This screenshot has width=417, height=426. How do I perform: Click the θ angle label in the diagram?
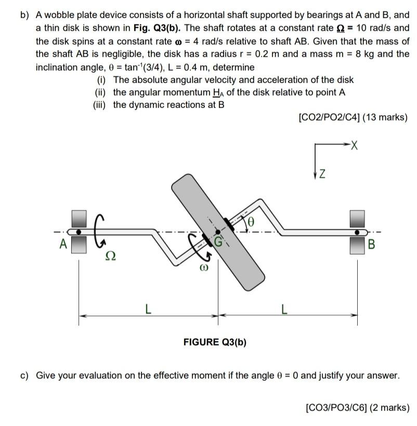pos(252,222)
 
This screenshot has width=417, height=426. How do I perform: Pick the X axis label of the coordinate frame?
pos(355,144)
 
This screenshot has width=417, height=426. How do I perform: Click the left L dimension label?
pos(148,310)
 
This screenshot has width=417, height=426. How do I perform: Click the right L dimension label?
pos(283,310)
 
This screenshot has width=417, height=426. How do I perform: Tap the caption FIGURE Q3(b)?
pos(215,342)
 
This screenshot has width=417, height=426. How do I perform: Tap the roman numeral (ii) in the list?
pos(100,92)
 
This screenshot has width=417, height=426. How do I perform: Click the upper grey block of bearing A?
pos(79,218)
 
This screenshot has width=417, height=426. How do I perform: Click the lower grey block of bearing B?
pos(357,245)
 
